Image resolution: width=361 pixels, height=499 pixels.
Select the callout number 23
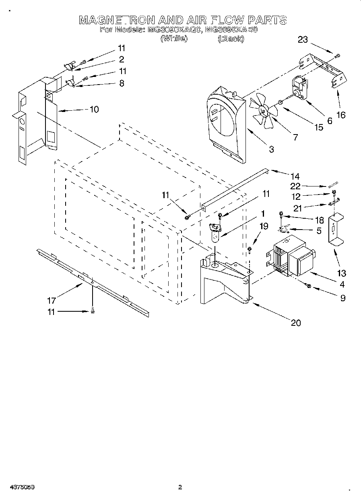[x=303, y=39]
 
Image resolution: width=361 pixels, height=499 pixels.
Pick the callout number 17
[x=51, y=300]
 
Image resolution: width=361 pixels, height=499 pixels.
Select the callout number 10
[x=94, y=109]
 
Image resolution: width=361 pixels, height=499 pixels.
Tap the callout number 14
[x=295, y=176]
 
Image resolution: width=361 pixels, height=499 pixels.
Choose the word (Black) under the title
[x=231, y=39]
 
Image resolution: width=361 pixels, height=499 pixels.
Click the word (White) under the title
[x=173, y=39]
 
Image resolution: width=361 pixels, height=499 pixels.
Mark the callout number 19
[x=263, y=226]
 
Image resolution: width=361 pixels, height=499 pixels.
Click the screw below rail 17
[x=93, y=311]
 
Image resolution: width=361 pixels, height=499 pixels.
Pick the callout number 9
[x=342, y=298]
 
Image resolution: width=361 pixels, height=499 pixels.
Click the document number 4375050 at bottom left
[x=19, y=487]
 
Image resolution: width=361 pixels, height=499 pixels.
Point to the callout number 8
[x=122, y=83]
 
